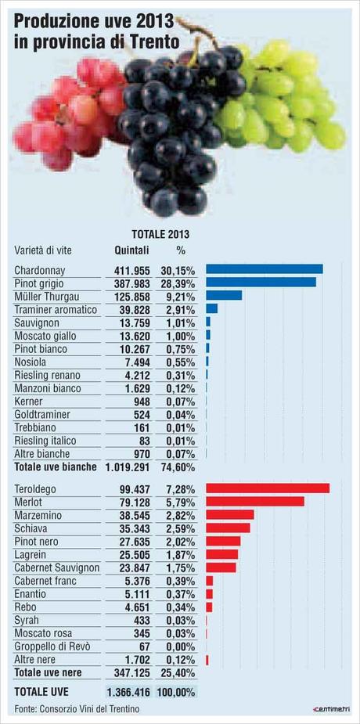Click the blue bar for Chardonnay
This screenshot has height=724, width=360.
click(x=264, y=269)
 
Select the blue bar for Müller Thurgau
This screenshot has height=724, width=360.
click(x=224, y=296)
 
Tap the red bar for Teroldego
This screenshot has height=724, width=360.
click(x=267, y=488)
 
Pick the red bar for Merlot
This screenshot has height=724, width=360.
click(x=254, y=502)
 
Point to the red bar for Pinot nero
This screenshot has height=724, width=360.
click(x=223, y=541)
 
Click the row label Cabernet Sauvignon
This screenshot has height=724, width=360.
click(x=57, y=567)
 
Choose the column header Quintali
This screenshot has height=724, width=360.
click(x=131, y=250)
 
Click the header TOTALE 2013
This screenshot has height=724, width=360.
click(x=160, y=233)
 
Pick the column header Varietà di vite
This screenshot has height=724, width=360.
click(x=46, y=250)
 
